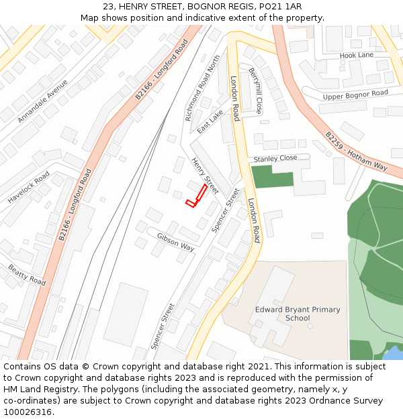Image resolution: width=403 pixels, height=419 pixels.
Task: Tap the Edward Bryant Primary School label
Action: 298,314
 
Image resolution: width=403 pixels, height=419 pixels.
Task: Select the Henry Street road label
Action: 205,176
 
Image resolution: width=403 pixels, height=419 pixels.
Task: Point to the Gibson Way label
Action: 175,242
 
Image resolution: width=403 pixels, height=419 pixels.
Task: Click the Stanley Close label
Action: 275,159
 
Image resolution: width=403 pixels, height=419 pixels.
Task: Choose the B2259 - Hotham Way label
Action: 357,151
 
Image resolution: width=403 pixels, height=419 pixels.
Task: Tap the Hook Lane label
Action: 356,55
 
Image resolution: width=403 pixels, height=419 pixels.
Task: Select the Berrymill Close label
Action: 255,91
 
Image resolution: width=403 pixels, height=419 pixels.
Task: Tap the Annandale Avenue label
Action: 42,101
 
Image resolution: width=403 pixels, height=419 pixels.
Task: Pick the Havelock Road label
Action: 29,188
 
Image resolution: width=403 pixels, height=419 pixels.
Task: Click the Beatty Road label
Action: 27,275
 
